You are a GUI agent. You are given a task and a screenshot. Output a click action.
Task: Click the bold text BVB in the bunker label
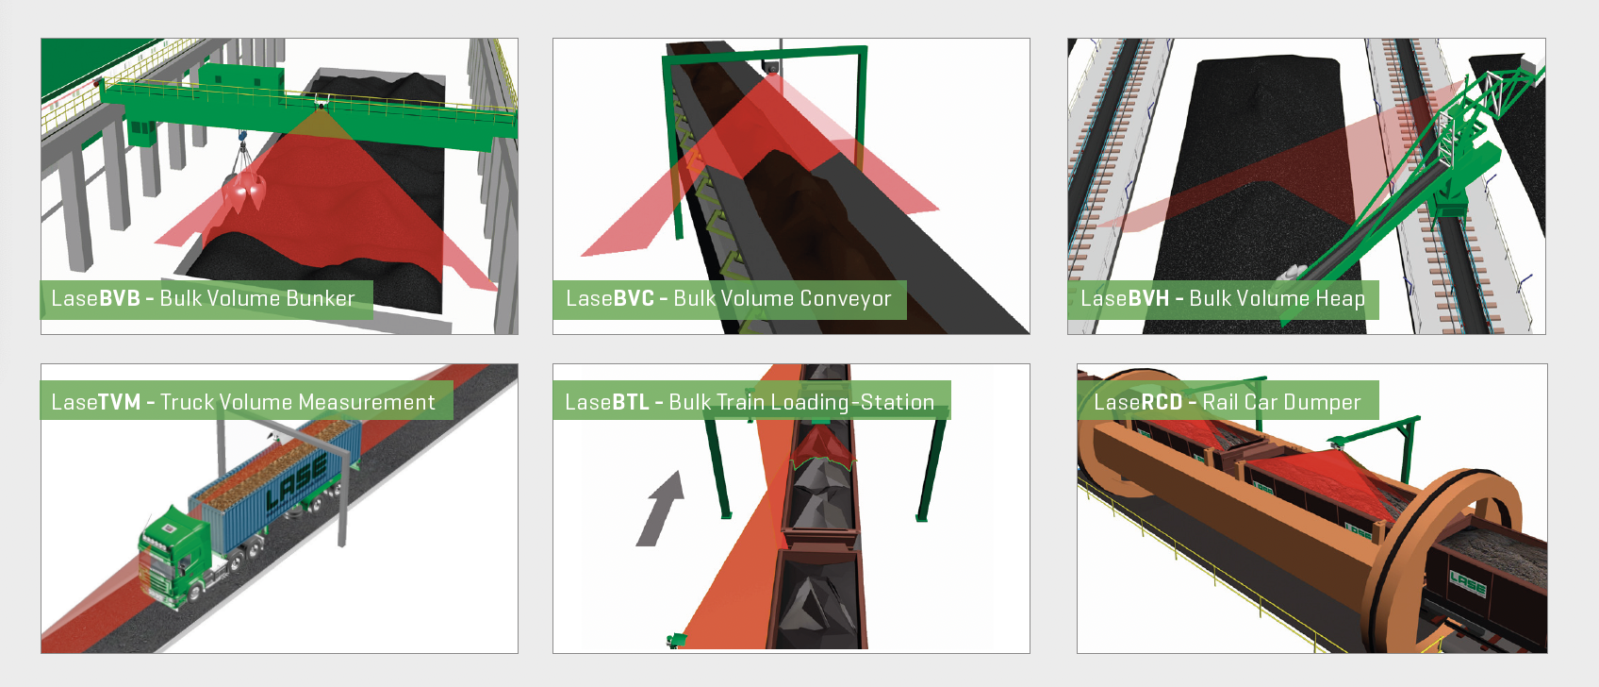(x=120, y=298)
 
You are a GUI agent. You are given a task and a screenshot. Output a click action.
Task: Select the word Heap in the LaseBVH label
(x=1340, y=299)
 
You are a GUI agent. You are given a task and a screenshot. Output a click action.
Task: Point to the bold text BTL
(x=631, y=402)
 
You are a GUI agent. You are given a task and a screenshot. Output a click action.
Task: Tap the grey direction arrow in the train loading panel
(x=660, y=509)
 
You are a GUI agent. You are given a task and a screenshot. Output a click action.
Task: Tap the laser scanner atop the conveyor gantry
(x=770, y=68)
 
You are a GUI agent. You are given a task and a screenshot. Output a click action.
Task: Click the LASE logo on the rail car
(x=1467, y=586)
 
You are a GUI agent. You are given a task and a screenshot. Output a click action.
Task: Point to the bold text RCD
(x=1162, y=402)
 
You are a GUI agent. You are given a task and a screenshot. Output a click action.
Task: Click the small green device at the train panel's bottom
(x=675, y=639)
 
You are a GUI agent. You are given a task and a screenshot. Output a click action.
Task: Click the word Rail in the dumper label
(x=1220, y=402)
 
